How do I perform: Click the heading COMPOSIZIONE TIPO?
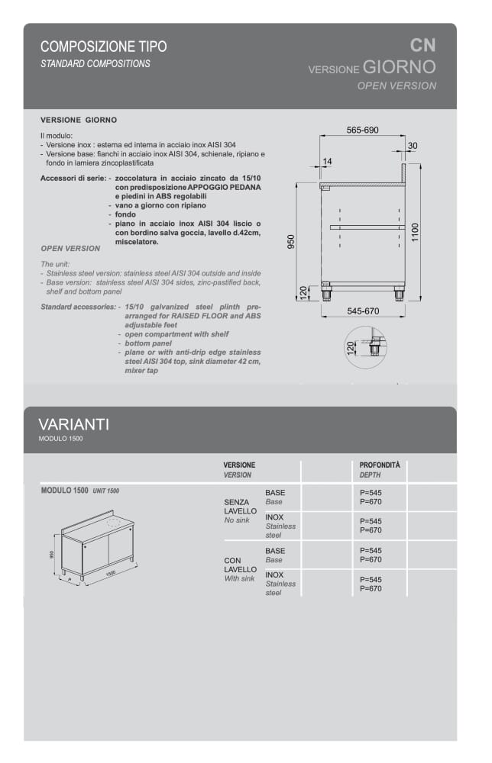(103, 47)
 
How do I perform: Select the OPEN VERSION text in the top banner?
(397, 85)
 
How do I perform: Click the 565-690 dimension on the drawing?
(362, 130)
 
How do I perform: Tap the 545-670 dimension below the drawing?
(363, 311)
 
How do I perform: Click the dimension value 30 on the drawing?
(413, 146)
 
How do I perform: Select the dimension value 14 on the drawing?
(328, 161)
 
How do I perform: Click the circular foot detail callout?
(366, 348)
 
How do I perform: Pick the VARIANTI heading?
(73, 424)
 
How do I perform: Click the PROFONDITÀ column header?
(380, 465)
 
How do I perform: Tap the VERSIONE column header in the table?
(239, 465)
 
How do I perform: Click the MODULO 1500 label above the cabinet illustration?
(64, 491)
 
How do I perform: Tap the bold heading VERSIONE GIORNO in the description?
(78, 121)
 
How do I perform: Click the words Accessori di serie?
(73, 179)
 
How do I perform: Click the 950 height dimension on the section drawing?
(290, 242)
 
